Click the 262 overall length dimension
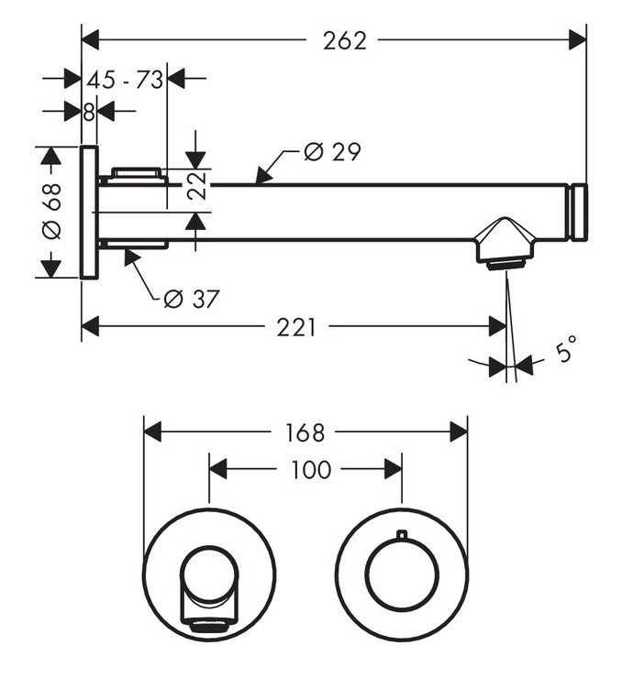(x=345, y=40)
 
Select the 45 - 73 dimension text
(x=126, y=80)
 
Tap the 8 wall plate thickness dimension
(x=89, y=112)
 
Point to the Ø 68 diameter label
(x=51, y=211)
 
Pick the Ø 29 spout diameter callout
(x=331, y=152)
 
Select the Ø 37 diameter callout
(x=191, y=298)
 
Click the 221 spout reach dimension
(x=296, y=327)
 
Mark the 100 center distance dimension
(x=310, y=470)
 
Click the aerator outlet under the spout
(x=505, y=264)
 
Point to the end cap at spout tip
(x=579, y=213)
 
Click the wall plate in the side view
(x=89, y=212)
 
